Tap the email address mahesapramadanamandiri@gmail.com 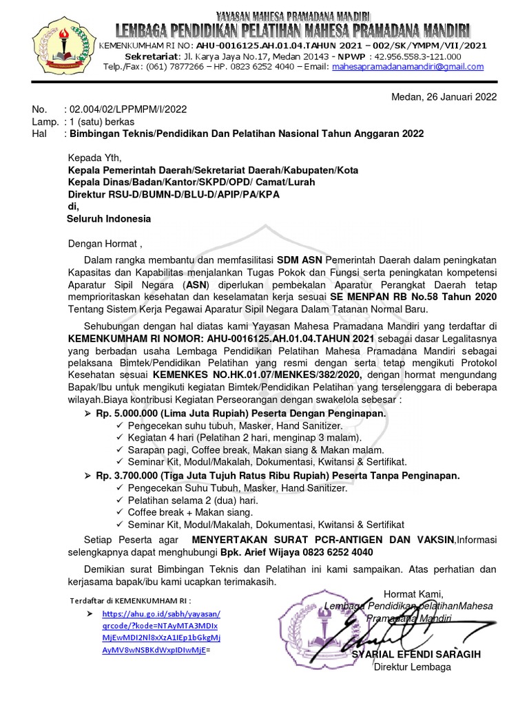click(x=407, y=67)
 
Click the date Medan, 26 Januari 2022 click(x=444, y=96)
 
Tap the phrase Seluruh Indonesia click(x=109, y=219)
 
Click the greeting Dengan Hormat click(x=103, y=243)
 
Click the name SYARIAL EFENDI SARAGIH click(x=416, y=654)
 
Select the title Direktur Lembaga click(x=412, y=667)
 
